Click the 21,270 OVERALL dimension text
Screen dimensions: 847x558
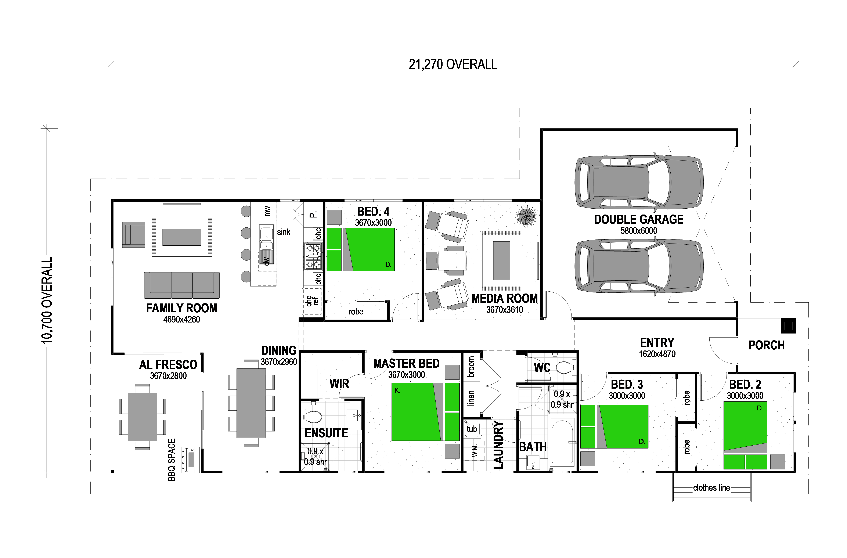453,64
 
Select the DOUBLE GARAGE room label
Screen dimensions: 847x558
639,219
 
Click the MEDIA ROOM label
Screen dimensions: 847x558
505,298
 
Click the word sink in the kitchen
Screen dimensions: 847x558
284,232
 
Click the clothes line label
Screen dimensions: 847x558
711,487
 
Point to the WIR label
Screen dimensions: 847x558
339,384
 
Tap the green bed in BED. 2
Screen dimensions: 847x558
745,435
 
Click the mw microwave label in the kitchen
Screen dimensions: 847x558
267,211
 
